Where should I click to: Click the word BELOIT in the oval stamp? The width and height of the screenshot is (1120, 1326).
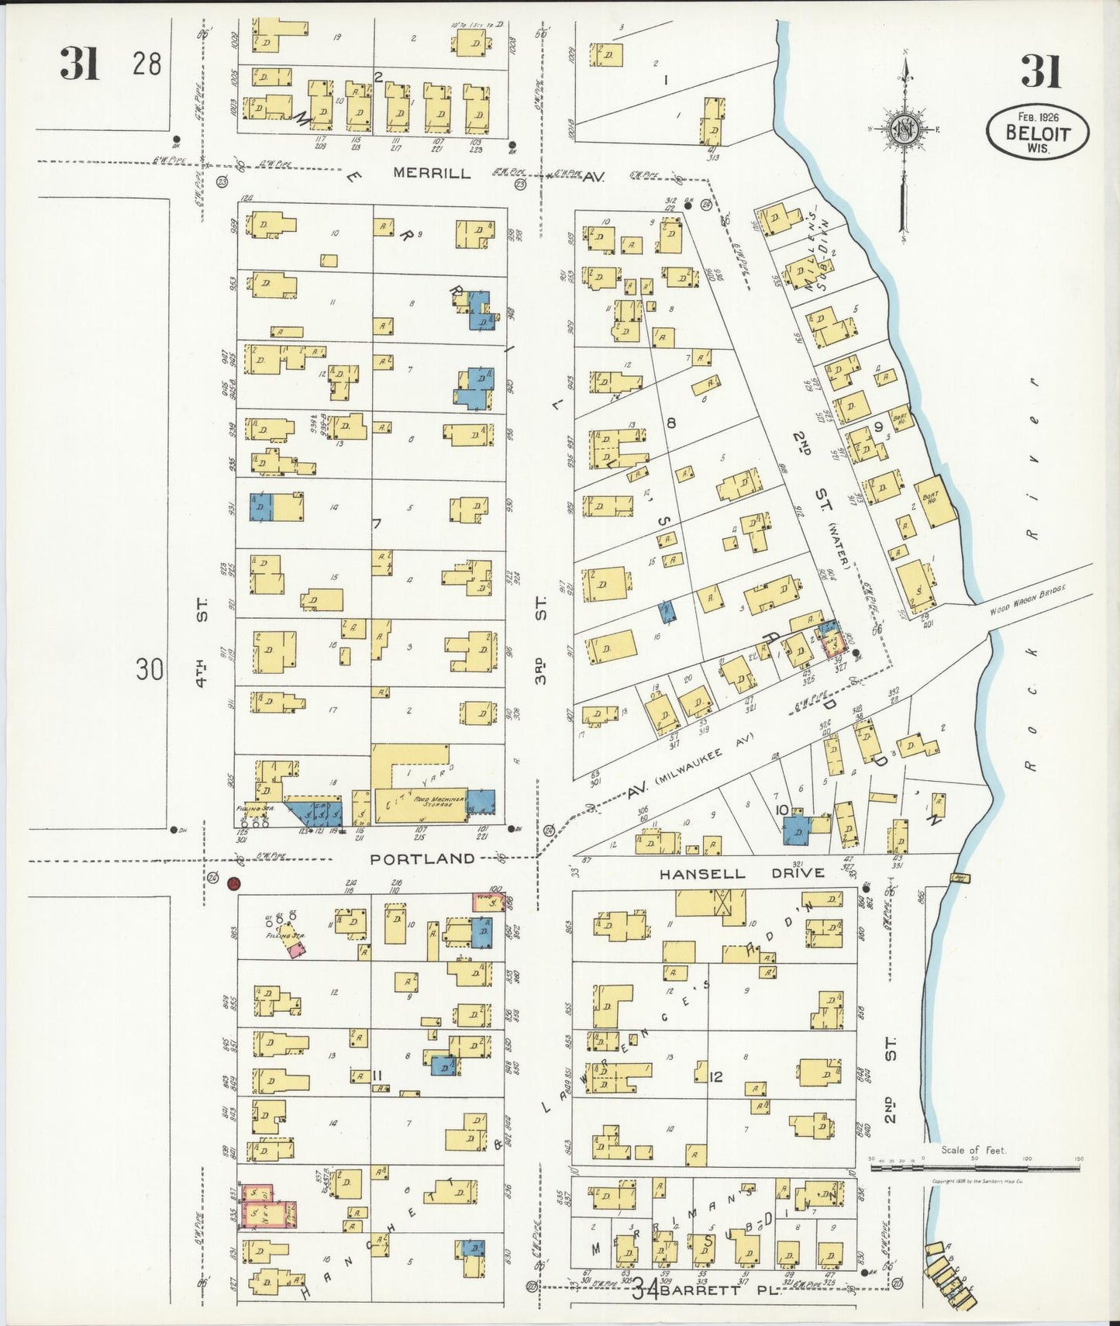[1038, 133]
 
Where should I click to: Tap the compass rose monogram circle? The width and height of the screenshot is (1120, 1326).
[904, 128]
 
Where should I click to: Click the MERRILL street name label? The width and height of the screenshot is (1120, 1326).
[432, 173]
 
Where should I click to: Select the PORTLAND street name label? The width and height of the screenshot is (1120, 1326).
[422, 858]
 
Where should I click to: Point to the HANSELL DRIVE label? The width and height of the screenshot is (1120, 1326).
[742, 874]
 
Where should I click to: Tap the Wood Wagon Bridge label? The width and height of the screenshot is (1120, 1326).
[1028, 599]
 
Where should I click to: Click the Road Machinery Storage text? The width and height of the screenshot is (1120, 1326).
[438, 801]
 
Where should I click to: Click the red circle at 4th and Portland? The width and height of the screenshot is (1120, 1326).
[233, 884]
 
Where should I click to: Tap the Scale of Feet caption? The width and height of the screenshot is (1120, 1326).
[973, 1150]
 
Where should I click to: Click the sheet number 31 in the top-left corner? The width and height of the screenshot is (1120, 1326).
[80, 64]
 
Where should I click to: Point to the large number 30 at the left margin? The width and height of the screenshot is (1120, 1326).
[150, 668]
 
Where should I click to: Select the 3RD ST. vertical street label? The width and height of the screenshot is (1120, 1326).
[541, 640]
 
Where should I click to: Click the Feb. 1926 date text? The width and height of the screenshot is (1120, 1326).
[1038, 115]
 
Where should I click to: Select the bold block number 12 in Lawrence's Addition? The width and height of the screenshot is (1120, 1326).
[715, 1076]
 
